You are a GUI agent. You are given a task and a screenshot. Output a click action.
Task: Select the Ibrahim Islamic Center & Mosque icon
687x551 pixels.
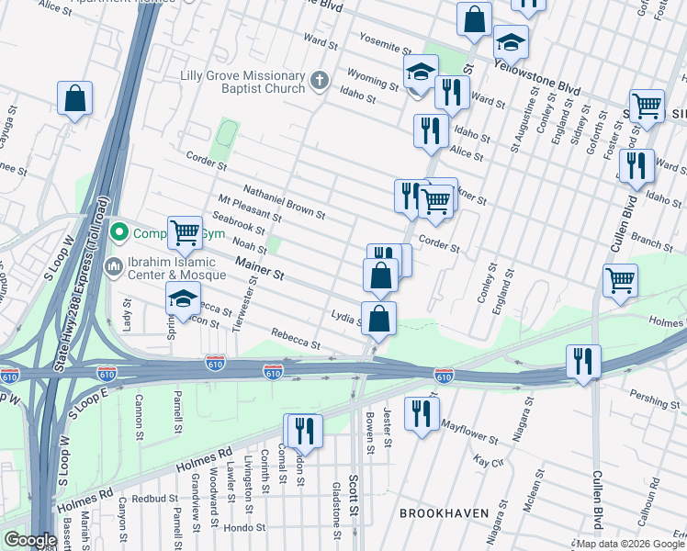113,267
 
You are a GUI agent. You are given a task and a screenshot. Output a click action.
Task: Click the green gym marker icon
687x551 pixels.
118,233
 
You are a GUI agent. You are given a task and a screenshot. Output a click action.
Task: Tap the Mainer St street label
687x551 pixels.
260,269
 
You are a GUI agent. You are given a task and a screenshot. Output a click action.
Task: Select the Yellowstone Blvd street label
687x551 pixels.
537,78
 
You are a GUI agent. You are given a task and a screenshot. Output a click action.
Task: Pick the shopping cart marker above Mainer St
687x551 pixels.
185,232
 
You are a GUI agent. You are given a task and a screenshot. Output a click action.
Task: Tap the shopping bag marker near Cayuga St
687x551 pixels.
74,98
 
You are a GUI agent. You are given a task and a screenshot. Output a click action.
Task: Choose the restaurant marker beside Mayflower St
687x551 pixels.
421,411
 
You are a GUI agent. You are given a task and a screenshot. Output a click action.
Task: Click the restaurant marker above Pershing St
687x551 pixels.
582,361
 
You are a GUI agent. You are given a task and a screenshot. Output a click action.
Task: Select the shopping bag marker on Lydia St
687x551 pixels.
378,319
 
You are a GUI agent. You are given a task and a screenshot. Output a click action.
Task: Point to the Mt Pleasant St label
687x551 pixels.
250,212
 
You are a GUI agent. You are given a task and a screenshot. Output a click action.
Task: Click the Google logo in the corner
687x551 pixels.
30,540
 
